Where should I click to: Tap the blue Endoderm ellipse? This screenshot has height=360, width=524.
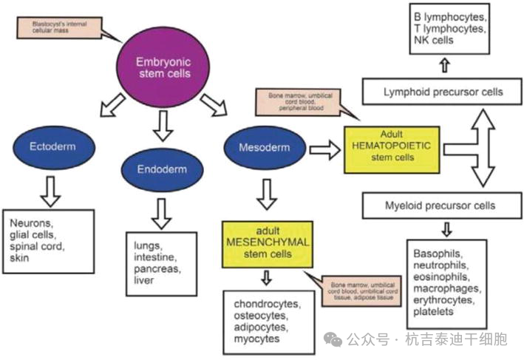click(160, 169)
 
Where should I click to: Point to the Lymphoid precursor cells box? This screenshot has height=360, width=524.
click(443, 92)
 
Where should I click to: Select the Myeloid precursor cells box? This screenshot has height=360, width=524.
click(440, 205)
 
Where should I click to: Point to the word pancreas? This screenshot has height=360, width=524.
click(155, 269)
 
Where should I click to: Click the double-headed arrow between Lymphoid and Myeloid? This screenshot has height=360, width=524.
click(484, 148)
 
